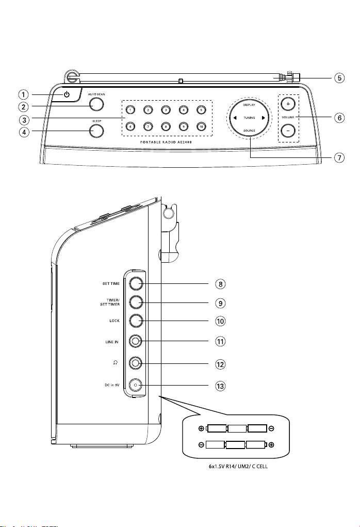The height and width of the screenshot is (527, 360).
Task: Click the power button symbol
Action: (x=67, y=94)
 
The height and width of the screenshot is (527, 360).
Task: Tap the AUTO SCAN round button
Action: (x=96, y=104)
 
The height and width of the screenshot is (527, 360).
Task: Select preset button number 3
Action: (x=166, y=109)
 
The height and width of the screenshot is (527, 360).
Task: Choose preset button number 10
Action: (x=201, y=126)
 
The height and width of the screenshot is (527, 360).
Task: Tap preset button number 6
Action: (x=130, y=126)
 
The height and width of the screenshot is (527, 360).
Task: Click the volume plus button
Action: (x=288, y=104)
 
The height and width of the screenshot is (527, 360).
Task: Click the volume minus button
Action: (x=288, y=130)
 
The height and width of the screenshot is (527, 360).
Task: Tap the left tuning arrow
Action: (x=235, y=118)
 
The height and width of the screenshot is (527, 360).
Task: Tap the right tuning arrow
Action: (x=264, y=118)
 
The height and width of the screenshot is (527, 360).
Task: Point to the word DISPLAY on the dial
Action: (x=249, y=105)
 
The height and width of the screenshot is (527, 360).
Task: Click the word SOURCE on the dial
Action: (x=249, y=131)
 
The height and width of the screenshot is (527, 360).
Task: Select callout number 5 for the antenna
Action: (x=339, y=78)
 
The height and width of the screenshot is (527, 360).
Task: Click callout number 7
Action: (x=339, y=157)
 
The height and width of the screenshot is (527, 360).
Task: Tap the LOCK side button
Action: (x=136, y=321)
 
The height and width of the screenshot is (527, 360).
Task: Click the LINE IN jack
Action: (x=136, y=342)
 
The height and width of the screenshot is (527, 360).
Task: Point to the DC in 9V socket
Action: (x=136, y=385)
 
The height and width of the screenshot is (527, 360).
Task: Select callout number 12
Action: (x=220, y=364)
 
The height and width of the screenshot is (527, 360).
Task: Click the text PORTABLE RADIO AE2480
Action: (x=166, y=142)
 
